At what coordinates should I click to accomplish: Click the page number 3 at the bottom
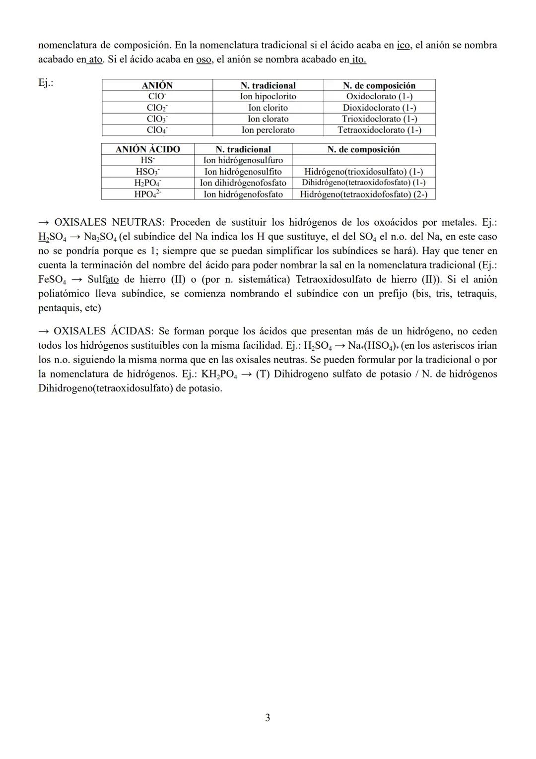click(x=268, y=718)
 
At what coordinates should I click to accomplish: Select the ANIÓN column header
click(x=157, y=85)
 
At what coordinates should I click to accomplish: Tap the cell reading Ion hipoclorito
click(x=268, y=96)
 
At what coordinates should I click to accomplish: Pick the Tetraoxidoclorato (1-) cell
click(x=379, y=130)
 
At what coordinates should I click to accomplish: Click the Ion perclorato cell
click(x=268, y=130)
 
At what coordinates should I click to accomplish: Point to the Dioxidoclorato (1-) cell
click(x=379, y=108)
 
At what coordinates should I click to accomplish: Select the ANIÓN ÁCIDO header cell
click(x=147, y=149)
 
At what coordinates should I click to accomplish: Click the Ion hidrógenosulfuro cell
click(x=243, y=160)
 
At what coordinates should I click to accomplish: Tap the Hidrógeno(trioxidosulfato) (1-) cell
click(x=363, y=172)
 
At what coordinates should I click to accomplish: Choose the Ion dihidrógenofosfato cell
click(x=243, y=183)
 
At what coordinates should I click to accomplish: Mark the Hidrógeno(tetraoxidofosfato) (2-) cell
click(x=363, y=194)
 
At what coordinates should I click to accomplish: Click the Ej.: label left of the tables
click(x=46, y=83)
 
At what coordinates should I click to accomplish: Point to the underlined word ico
click(x=403, y=45)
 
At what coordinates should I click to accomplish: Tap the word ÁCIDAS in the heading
click(x=131, y=331)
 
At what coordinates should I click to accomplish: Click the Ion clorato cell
click(x=268, y=119)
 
